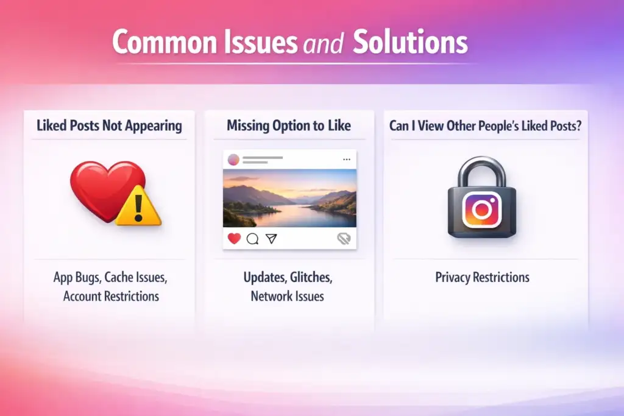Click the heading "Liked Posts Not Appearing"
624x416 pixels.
[109, 126]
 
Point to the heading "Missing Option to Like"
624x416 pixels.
[289, 126]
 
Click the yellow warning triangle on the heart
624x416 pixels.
[138, 207]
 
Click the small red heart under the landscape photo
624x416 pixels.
[234, 239]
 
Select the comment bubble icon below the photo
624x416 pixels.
[252, 239]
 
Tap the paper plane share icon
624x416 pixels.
[271, 239]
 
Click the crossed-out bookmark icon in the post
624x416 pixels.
[344, 239]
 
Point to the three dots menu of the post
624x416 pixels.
[347, 160]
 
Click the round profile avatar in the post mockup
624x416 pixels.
[233, 160]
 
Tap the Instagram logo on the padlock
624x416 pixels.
[481, 209]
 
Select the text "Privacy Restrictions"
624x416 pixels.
[482, 278]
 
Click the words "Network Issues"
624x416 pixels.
[288, 297]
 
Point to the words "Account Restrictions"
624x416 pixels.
[111, 297]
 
